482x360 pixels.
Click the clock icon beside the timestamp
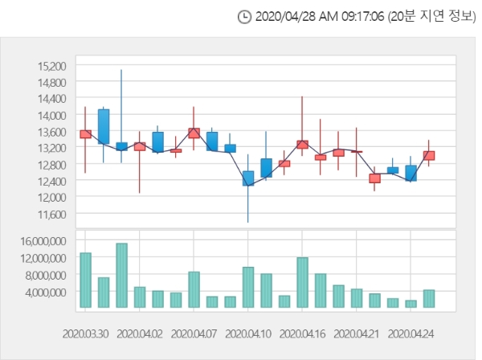(245, 17)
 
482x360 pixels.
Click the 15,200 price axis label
(52, 66)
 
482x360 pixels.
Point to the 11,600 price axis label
(52, 215)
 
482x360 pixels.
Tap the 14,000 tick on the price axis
(52, 115)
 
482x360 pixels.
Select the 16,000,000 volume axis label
(43, 241)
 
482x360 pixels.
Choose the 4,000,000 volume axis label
(46, 292)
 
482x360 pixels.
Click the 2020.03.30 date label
(85, 333)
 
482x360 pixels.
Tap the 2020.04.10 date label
(248, 333)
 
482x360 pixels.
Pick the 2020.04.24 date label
(411, 333)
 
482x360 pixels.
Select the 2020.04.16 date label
(302, 333)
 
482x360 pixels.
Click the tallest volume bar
(122, 276)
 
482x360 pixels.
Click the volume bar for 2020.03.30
(85, 280)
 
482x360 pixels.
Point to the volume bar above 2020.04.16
(303, 283)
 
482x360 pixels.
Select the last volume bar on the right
(429, 298)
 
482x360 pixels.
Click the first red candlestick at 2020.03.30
(85, 134)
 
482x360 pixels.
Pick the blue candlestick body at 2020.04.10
(248, 178)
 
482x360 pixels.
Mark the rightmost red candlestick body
(429, 156)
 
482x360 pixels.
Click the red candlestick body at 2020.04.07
(194, 133)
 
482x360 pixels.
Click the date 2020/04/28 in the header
(285, 16)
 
